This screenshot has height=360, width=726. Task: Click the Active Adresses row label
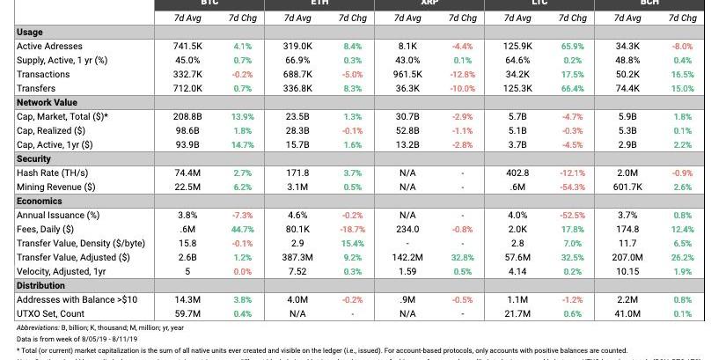point(50,46)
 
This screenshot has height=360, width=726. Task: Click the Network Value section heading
point(48,102)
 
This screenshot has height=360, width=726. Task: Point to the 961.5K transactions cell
point(407,74)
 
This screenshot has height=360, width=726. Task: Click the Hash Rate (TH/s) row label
point(52,173)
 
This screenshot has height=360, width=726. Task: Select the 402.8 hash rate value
point(517,173)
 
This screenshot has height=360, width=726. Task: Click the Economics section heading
point(41,201)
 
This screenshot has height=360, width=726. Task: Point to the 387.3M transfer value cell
point(297,257)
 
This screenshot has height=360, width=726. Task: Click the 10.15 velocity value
point(627,271)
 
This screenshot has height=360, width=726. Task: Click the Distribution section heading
point(44,285)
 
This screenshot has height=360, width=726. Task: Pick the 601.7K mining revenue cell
point(627,187)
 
